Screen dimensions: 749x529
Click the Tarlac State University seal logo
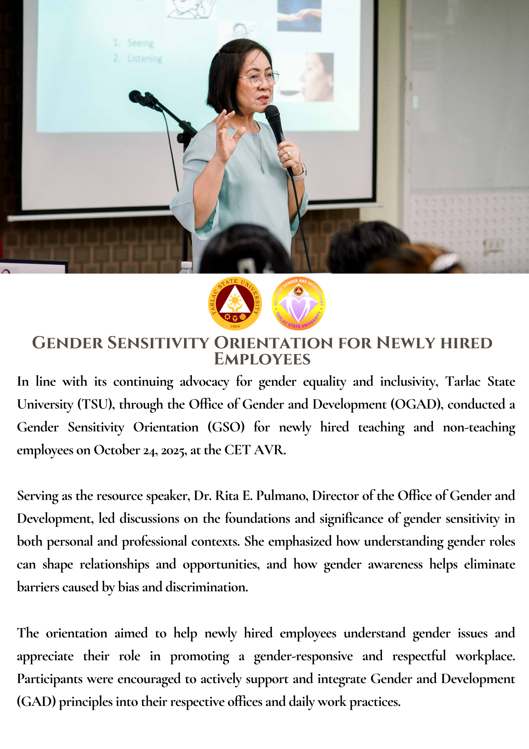[235, 303]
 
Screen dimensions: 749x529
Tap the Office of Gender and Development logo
[298, 303]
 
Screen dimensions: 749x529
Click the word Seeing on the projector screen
[140, 43]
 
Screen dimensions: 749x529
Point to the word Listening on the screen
[144, 59]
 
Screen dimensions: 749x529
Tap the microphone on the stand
[139, 98]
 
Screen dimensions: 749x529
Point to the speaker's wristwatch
[300, 173]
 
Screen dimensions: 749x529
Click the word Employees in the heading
[262, 359]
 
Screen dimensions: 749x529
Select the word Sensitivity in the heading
[158, 343]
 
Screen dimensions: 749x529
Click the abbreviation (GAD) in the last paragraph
[36, 701]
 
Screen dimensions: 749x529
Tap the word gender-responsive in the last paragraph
[303, 656]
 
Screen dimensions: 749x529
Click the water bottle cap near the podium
[186, 265]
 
